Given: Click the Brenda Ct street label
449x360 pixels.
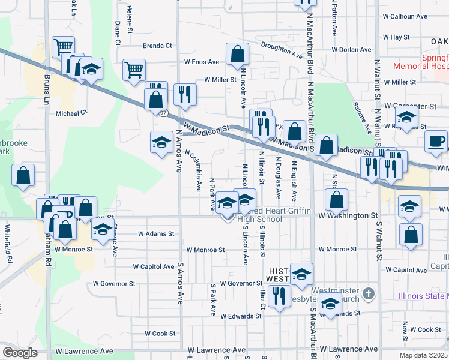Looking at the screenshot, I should (x=157, y=46).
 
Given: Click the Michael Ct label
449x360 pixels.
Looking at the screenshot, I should (x=71, y=113).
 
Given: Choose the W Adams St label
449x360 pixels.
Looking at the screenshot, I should (x=155, y=234).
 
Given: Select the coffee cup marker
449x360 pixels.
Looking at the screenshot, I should (x=436, y=142).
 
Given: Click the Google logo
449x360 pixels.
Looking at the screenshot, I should (x=20, y=353).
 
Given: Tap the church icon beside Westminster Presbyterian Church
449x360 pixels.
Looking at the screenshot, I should (x=369, y=294).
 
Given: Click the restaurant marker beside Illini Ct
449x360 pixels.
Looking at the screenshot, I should (x=279, y=295).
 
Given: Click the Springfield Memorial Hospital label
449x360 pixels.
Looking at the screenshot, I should (x=420, y=64).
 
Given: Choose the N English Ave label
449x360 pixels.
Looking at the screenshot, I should (x=294, y=180).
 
